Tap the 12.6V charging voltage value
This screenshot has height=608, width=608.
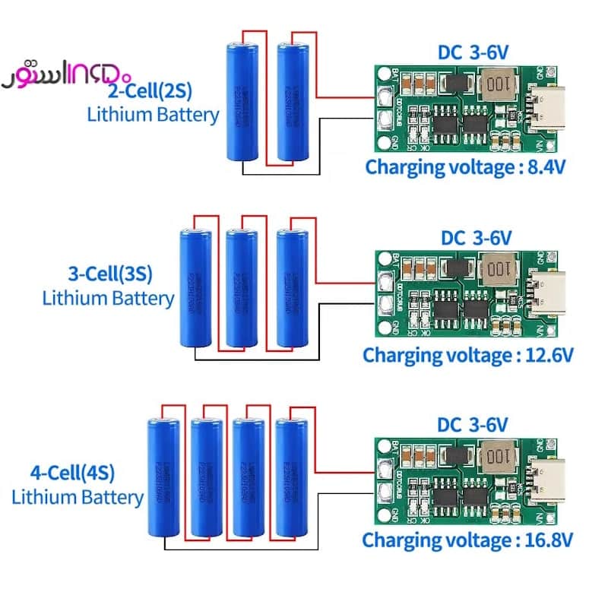[x=548, y=355]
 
